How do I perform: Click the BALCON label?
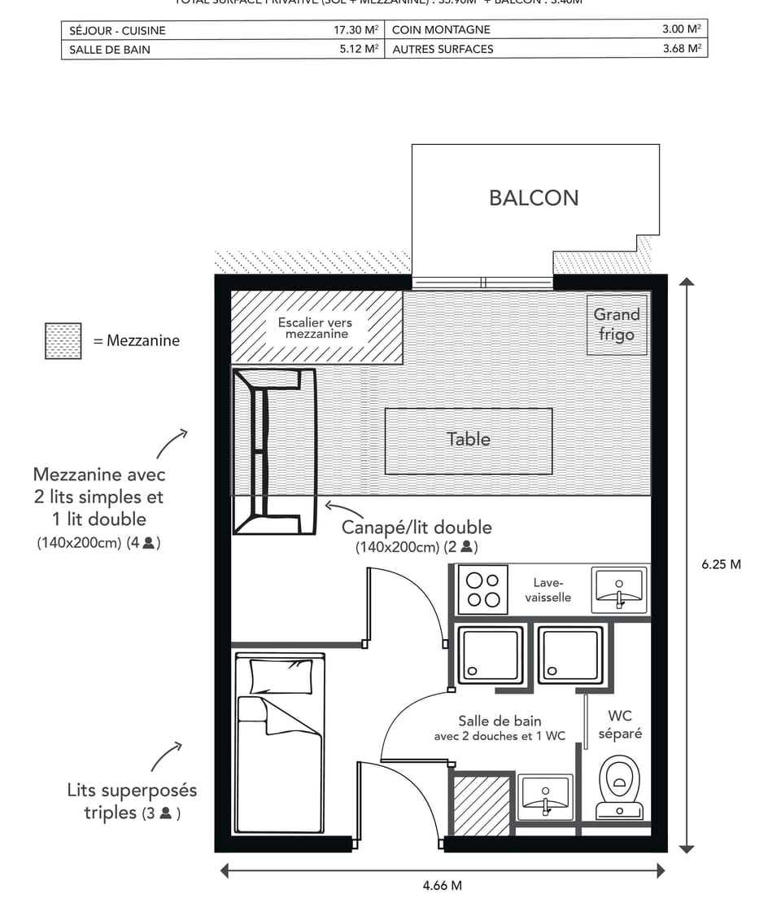(534, 198)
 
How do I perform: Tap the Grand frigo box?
(617, 324)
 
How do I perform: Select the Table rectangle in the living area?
(469, 440)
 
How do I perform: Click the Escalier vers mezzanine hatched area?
(317, 328)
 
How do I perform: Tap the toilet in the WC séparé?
(620, 787)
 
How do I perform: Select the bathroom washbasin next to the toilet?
(545, 795)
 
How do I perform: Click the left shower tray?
(490, 655)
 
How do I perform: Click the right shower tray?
(570, 655)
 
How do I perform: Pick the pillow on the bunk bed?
(281, 676)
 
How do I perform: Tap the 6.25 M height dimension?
(721, 564)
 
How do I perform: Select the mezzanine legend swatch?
(63, 341)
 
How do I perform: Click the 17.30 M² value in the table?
(356, 30)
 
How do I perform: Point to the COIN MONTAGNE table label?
(441, 30)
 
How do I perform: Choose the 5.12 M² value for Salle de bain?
(358, 49)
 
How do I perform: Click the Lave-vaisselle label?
(548, 590)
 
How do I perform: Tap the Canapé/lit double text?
(416, 528)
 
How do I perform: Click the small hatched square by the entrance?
(480, 805)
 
